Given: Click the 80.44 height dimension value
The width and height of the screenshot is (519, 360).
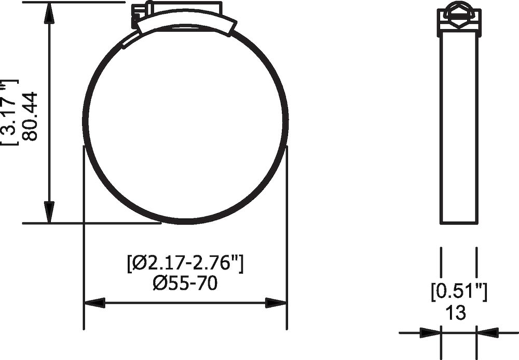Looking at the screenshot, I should click(x=31, y=116).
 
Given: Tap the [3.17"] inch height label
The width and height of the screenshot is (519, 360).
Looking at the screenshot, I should click(x=10, y=112).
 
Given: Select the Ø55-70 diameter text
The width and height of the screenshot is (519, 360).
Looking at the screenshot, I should click(x=185, y=283).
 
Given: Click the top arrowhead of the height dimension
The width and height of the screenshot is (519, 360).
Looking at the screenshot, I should click(x=49, y=12).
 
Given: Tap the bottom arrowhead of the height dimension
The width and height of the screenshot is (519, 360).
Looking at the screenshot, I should click(x=49, y=213).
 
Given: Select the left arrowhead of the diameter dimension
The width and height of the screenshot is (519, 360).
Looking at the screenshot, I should click(x=94, y=303).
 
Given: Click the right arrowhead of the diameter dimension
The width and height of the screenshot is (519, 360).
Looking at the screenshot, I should click(x=276, y=303).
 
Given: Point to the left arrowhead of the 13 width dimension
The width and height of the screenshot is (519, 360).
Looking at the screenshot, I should click(x=430, y=332).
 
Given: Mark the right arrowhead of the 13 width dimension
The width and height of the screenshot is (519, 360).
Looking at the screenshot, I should click(x=487, y=332).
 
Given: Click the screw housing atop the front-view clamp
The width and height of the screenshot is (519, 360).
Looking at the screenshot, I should click(x=185, y=19).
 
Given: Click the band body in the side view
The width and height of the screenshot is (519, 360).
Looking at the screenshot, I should click(x=459, y=130).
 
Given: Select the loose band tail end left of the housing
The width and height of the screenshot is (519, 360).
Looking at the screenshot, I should click(x=130, y=40).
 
